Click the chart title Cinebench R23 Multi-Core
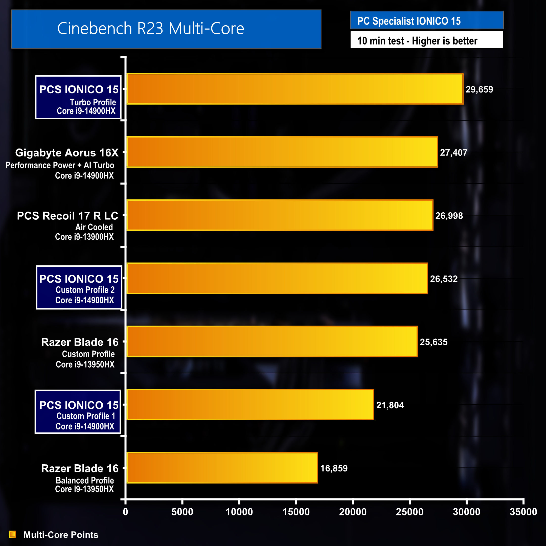point(151,29)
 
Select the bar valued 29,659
point(295,89)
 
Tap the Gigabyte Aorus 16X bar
point(282,152)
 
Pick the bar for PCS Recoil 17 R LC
point(280,215)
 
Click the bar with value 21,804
point(250,405)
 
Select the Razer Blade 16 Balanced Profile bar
point(222,468)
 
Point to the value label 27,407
point(453,153)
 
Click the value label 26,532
point(444,279)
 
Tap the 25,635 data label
point(434,342)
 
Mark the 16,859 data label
point(334,468)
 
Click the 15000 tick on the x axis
point(296,512)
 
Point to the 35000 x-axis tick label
point(523,512)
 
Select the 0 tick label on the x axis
point(125,512)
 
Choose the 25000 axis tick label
point(409,512)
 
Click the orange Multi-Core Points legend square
point(12,534)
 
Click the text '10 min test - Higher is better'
point(417,41)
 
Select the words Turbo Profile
point(93,102)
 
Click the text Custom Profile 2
point(85,290)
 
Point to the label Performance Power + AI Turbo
point(60,165)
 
